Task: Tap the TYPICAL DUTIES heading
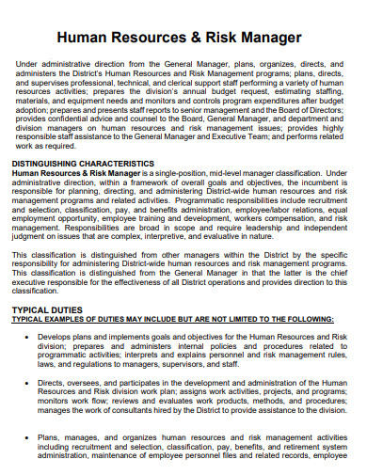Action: click(x=50, y=309)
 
